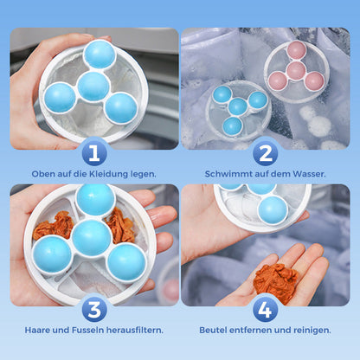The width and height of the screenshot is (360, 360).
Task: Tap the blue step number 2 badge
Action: [265, 153]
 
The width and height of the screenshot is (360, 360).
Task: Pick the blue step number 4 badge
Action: [265, 309]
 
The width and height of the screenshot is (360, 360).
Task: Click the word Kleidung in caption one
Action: [107, 174]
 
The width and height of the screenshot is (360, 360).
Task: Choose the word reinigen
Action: [309, 330]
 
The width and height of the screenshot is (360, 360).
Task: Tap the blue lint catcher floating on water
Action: [238, 107]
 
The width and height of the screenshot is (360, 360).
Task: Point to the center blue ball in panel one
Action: [93, 85]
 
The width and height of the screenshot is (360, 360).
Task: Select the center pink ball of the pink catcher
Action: [296, 68]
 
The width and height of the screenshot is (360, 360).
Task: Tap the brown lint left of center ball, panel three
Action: [54, 226]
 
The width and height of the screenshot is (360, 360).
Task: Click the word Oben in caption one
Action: [42, 174]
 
